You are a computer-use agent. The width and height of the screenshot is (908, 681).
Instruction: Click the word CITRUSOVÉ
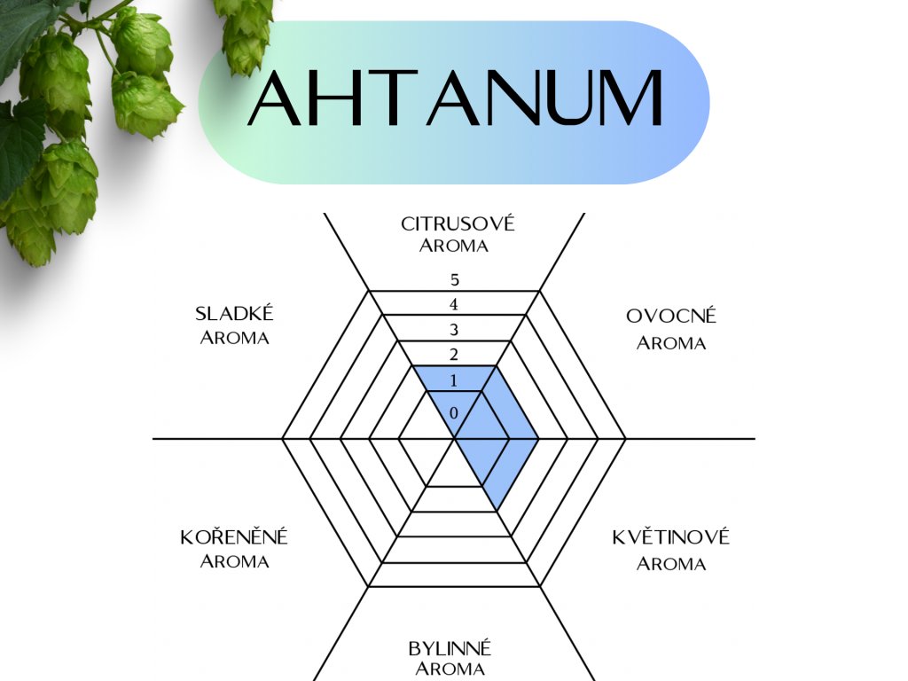click(x=457, y=223)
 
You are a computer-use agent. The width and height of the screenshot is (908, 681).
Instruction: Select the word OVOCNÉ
click(x=670, y=317)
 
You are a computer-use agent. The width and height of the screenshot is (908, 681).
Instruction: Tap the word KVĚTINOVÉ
click(x=670, y=537)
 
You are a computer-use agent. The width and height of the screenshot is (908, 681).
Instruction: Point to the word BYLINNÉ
click(x=450, y=648)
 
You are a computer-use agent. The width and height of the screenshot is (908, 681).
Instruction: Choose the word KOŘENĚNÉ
click(x=234, y=537)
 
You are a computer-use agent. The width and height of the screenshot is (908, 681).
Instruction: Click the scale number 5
click(x=454, y=280)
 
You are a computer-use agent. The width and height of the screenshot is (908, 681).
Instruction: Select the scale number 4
click(x=454, y=305)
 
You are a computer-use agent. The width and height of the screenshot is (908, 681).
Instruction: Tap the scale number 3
click(x=454, y=331)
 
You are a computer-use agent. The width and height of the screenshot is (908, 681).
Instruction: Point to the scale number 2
click(x=454, y=356)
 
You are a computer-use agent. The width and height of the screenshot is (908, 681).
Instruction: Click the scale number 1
click(x=454, y=381)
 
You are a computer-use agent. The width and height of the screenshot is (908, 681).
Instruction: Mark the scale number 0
click(x=454, y=413)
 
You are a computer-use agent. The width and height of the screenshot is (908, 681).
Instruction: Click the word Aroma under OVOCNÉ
click(x=670, y=343)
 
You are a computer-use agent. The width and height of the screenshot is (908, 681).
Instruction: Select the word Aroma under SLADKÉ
click(x=234, y=338)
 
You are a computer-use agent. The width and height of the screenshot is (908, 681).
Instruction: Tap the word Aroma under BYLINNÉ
click(x=450, y=669)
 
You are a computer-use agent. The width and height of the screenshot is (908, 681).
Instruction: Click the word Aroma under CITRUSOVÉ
click(x=454, y=246)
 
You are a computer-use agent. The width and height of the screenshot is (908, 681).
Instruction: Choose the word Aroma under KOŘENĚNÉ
click(x=234, y=561)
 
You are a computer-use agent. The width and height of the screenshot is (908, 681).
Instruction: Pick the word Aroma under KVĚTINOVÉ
click(x=670, y=563)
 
